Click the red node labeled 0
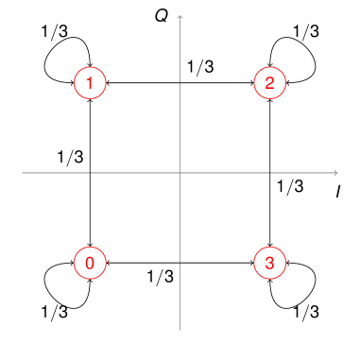click(x=89, y=263)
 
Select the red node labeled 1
click(x=89, y=84)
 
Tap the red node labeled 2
click(x=269, y=84)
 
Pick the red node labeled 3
click(x=269, y=263)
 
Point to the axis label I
click(x=337, y=193)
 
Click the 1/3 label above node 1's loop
click(x=54, y=30)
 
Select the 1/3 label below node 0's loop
click(x=54, y=311)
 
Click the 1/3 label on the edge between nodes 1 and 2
click(x=200, y=68)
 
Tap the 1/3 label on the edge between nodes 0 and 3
click(x=161, y=277)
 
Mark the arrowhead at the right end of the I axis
click(x=335, y=173)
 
